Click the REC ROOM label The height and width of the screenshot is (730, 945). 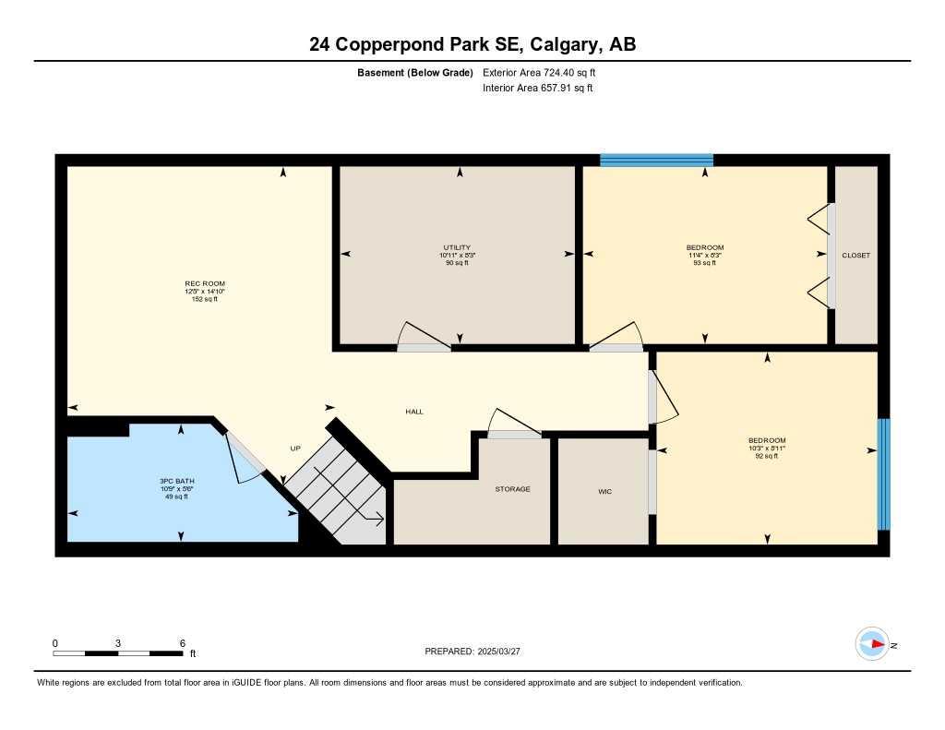point(204,283)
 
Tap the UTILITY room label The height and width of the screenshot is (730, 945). point(457,247)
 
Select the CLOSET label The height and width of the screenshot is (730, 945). point(855,256)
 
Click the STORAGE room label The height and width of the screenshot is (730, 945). point(512,489)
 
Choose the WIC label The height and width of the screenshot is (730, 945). point(605,491)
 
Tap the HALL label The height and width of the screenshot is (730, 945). point(414,412)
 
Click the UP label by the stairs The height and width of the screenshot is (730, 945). point(295,449)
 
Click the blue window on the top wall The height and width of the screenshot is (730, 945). point(656,160)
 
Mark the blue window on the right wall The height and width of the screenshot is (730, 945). point(883,474)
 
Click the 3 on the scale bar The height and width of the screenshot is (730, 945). point(118,643)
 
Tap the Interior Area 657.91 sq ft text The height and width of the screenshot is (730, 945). point(537,89)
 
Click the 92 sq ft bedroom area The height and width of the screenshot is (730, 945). point(767,456)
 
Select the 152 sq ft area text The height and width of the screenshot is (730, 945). point(204,299)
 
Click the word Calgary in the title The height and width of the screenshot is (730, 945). point(562,44)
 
